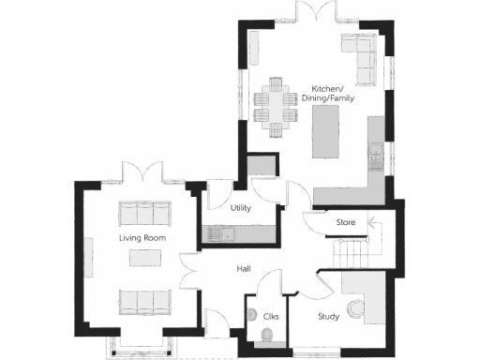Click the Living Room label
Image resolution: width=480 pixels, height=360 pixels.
(142, 239)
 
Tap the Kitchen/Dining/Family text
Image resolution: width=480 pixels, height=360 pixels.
(333, 94)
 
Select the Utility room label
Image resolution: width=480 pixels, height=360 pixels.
(241, 208)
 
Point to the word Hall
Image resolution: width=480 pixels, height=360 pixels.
(244, 269)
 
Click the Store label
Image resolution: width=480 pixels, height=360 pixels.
(347, 222)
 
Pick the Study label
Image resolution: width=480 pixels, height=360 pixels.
(327, 316)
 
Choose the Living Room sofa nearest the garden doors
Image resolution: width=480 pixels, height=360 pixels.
(143, 212)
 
